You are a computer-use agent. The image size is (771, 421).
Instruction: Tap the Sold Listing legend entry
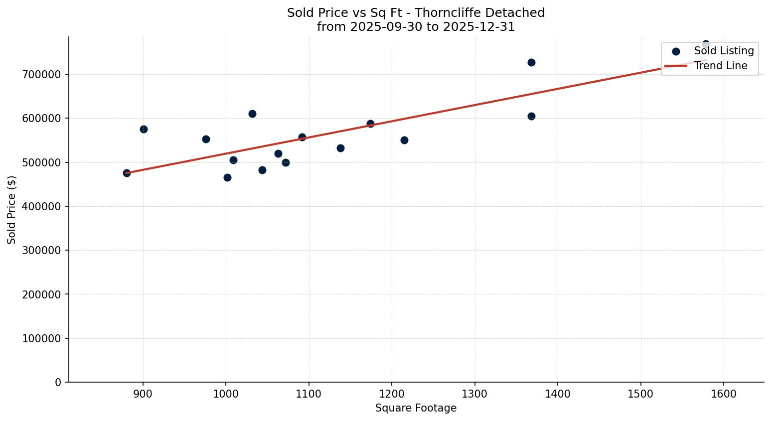click(724, 51)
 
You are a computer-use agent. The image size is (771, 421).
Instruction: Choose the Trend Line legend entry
click(720, 66)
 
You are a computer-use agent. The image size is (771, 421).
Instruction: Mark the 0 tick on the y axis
click(58, 382)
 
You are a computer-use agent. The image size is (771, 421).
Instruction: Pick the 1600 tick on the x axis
click(723, 394)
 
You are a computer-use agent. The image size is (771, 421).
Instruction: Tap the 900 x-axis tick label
click(143, 394)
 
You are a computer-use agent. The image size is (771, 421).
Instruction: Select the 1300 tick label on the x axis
click(474, 394)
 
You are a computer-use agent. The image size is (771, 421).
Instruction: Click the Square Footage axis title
click(416, 408)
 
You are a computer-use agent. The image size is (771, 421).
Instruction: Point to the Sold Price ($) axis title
click(11, 210)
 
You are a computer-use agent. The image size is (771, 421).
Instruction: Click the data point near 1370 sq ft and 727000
click(531, 62)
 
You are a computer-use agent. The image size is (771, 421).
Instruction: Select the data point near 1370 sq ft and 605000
click(531, 116)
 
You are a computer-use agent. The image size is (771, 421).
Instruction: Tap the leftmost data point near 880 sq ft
click(127, 173)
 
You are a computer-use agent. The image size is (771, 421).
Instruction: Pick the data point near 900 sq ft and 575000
click(144, 129)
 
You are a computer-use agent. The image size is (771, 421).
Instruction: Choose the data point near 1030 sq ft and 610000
click(252, 114)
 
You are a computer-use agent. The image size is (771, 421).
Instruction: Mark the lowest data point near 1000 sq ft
click(227, 177)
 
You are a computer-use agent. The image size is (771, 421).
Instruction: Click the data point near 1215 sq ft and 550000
click(404, 140)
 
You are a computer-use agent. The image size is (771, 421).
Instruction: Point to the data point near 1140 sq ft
click(340, 148)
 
